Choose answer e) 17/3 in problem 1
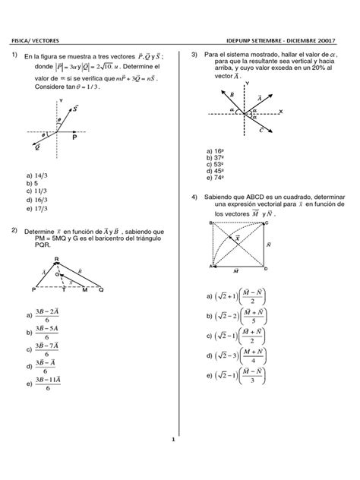pyautogui.click(x=37, y=208)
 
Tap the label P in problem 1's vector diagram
pyautogui.click(x=74, y=139)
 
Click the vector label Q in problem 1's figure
pyautogui.click(x=36, y=147)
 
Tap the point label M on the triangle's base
pyautogui.click(x=84, y=289)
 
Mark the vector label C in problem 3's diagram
pyautogui.click(x=261, y=130)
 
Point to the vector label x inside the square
pyautogui.click(x=238, y=238)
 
